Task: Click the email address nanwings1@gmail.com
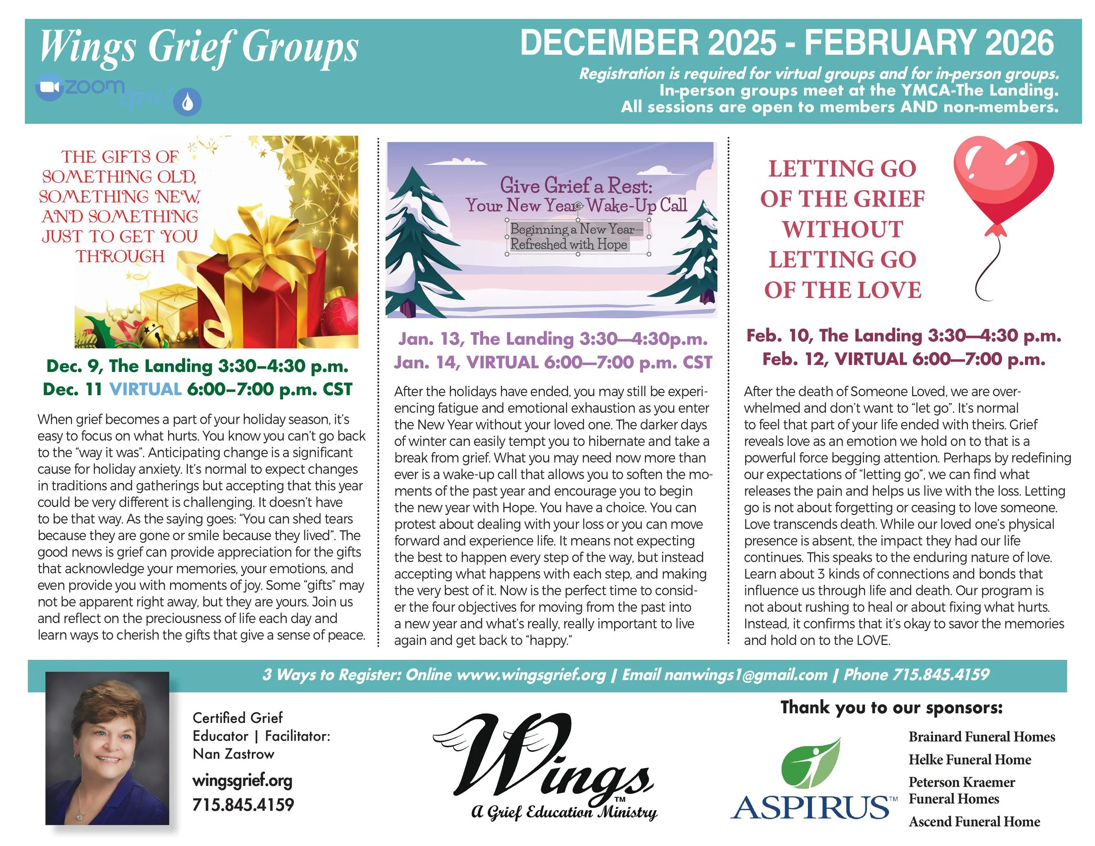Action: pos(745,675)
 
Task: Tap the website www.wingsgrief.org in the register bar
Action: pos(531,675)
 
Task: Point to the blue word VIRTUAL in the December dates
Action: pos(145,389)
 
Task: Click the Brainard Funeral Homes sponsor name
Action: pos(982,736)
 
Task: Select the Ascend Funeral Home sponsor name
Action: pos(974,821)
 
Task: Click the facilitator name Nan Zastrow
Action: pos(233,754)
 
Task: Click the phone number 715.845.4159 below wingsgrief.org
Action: pos(243,804)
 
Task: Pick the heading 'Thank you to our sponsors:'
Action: pos(891,707)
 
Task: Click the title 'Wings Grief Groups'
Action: pos(198,46)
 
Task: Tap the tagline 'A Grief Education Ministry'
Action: pos(564,811)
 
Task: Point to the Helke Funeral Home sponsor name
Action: pos(970,759)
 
